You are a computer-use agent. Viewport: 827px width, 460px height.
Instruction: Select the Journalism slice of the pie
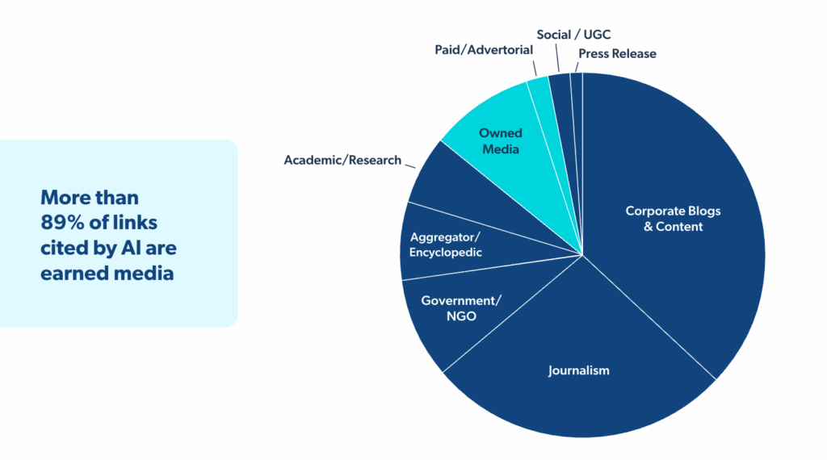tap(578, 364)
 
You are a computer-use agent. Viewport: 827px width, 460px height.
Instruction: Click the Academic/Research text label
tap(342, 160)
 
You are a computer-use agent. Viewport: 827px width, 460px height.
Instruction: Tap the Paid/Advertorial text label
tap(484, 50)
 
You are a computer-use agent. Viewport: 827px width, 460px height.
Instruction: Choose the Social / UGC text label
tap(573, 35)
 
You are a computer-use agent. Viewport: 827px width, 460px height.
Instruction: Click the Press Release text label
tap(617, 54)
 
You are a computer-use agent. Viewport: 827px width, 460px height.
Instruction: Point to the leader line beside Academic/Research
tap(410, 166)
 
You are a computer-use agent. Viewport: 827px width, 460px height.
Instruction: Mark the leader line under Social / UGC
tap(557, 57)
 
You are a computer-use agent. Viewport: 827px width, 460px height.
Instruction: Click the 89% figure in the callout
tap(62, 223)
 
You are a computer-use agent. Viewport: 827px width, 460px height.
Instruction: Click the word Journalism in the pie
tap(578, 370)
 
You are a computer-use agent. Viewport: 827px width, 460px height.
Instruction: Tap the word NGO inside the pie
tap(461, 316)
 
